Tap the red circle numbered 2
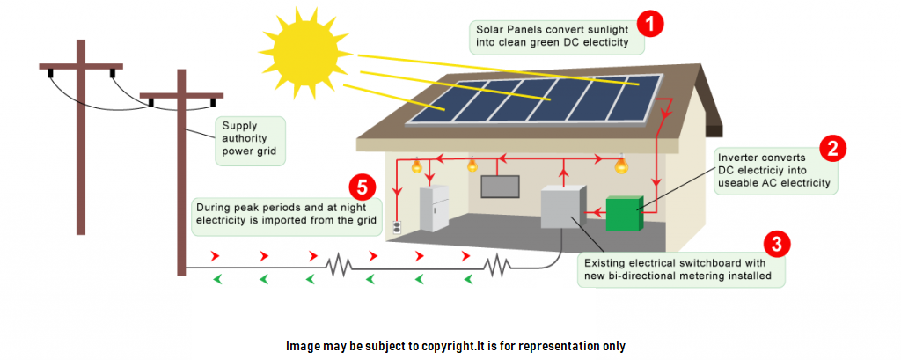[832, 148]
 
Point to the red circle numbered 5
[362, 187]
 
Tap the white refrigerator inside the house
[434, 209]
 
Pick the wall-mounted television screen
[499, 187]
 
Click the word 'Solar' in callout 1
[487, 27]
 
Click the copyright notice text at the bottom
[455, 345]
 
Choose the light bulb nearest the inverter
[621, 165]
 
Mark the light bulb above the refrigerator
[417, 165]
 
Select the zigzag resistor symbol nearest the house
[499, 264]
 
